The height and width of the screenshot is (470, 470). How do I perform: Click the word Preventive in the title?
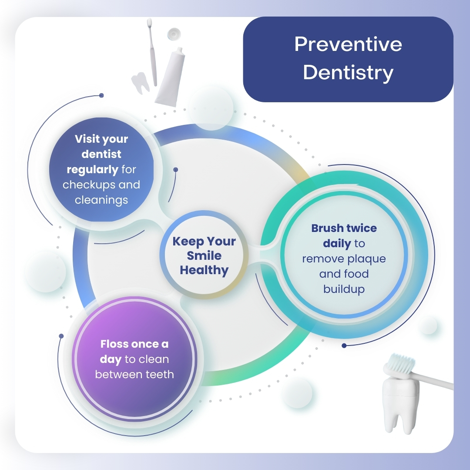click(348, 44)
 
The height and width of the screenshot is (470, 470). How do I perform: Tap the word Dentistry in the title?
click(348, 73)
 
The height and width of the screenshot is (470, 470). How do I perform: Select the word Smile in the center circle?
click(204, 255)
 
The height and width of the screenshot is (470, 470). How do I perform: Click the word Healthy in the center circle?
click(204, 270)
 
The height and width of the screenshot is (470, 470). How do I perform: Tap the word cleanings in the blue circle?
click(101, 200)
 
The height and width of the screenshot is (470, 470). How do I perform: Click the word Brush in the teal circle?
click(327, 228)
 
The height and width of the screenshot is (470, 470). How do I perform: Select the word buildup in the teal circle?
click(344, 289)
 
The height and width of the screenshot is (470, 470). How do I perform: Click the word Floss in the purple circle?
click(115, 344)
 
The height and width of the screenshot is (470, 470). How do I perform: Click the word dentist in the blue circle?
click(101, 154)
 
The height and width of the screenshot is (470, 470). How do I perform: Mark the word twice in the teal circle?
click(361, 228)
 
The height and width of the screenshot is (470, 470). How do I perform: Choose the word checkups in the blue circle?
click(89, 185)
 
